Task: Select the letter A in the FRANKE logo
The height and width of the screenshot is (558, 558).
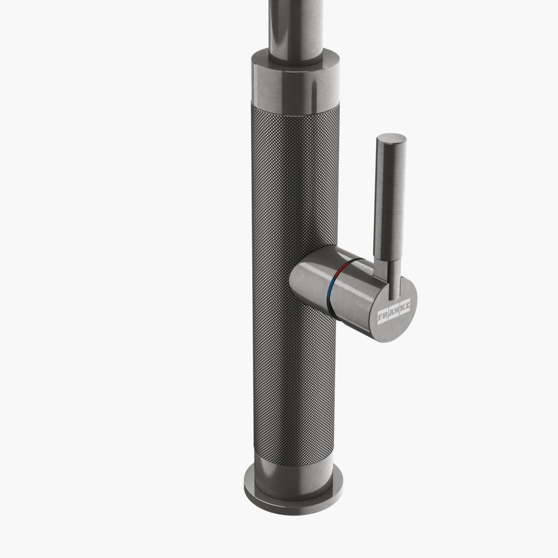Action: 392,314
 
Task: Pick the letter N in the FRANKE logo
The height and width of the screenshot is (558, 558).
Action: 397,311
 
